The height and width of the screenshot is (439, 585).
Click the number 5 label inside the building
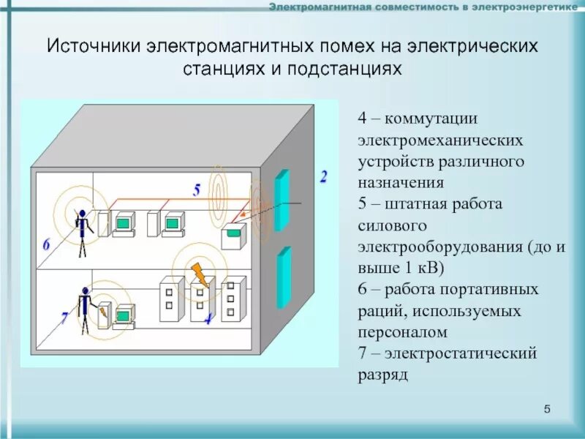click(197, 190)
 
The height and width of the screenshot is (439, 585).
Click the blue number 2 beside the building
click(323, 176)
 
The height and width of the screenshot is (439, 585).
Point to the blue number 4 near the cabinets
click(208, 318)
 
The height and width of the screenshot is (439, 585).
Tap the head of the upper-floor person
click(83, 214)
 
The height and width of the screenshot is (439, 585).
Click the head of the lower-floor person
click(85, 290)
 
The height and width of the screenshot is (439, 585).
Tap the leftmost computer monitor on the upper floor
click(122, 222)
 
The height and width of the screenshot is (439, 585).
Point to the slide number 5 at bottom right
click(548, 408)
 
